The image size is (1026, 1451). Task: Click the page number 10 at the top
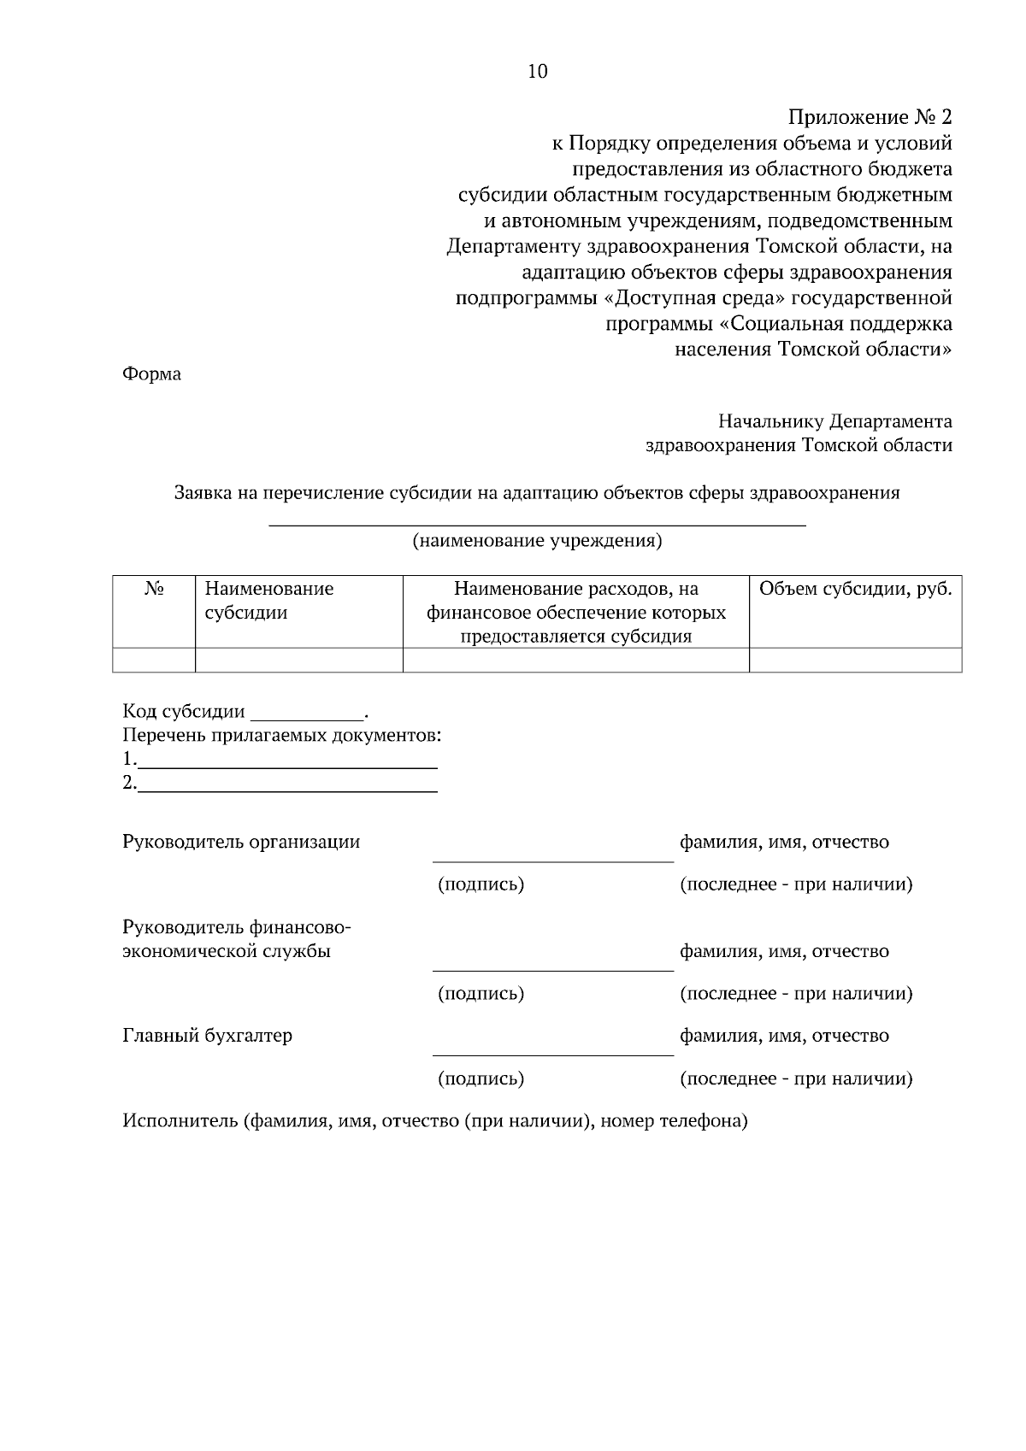pyautogui.click(x=538, y=72)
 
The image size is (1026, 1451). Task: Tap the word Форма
pyautogui.click(x=152, y=374)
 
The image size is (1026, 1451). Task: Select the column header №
pyautogui.click(x=154, y=589)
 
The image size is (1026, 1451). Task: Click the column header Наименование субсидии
pyautogui.click(x=268, y=601)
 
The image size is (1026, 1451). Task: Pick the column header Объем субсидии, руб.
pyautogui.click(x=855, y=589)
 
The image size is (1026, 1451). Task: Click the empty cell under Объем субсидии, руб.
pyautogui.click(x=855, y=660)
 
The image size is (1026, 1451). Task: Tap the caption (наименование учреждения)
pyautogui.click(x=538, y=541)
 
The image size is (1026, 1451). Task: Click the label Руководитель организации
pyautogui.click(x=241, y=842)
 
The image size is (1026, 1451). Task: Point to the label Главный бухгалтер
pyautogui.click(x=208, y=1036)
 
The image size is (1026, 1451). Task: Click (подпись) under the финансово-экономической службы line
pyautogui.click(x=481, y=994)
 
